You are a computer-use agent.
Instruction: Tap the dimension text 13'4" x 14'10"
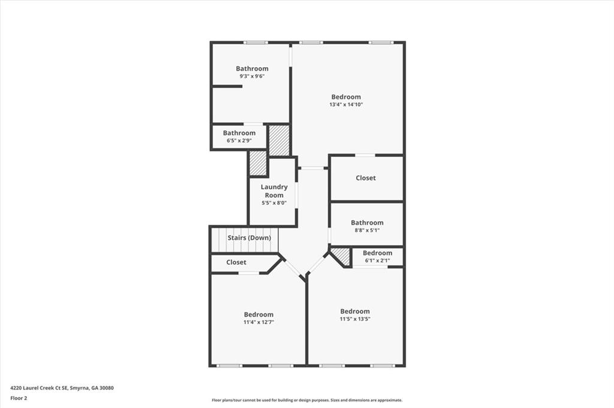coord(346,104)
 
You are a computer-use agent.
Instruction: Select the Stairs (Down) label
coord(249,238)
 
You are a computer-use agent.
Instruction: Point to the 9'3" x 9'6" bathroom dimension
coord(252,77)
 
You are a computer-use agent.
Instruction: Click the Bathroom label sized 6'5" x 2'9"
coord(239,133)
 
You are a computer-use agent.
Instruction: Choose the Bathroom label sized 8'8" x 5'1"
coord(367,223)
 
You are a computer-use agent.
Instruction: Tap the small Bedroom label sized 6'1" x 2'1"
coord(377,253)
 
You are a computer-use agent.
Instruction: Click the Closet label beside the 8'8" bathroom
coord(366,178)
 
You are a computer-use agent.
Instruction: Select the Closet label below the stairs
coord(236,262)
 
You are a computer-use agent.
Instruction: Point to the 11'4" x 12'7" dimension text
coord(258,322)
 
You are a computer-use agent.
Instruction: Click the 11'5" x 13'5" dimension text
coord(355,319)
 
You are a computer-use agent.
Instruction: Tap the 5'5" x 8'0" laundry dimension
coord(274,203)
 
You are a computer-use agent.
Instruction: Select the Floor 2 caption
coord(19,398)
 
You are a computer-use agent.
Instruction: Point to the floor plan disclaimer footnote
coord(306,400)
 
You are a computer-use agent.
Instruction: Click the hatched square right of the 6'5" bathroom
coord(279,140)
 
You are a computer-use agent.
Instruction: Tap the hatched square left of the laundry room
coord(258,164)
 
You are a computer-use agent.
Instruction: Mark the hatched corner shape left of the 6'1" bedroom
coord(342,256)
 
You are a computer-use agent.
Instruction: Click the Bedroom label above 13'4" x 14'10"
coord(346,97)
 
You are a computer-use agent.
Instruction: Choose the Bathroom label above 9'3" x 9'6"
coord(252,69)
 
